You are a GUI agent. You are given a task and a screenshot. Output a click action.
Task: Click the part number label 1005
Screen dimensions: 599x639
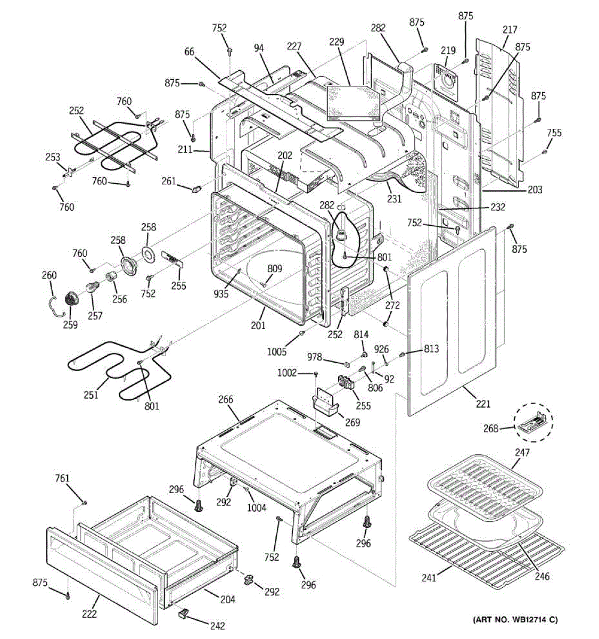click(276, 351)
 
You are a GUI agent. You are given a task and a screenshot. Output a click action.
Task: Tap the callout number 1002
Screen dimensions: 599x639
click(287, 373)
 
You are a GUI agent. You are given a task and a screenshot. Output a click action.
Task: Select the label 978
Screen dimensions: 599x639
click(314, 357)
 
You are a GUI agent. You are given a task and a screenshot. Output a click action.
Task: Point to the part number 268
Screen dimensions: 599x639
click(490, 428)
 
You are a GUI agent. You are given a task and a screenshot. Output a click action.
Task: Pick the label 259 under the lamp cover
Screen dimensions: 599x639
click(70, 325)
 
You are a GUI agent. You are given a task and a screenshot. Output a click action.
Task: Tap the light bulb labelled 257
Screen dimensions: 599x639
click(91, 286)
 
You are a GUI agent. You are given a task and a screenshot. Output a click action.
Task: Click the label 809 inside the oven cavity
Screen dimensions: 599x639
click(275, 269)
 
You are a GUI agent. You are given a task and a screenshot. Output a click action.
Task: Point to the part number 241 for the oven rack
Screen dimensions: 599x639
click(429, 578)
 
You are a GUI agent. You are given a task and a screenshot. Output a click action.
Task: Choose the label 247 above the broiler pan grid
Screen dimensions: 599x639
click(522, 453)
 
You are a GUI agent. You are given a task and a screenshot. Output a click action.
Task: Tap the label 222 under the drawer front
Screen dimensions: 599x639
click(89, 614)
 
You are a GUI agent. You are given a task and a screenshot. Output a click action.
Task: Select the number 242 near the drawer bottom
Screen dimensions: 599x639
click(217, 626)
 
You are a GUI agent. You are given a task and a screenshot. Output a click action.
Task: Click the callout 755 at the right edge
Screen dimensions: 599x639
click(554, 133)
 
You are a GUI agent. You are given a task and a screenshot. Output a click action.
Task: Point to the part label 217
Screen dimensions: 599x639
click(510, 30)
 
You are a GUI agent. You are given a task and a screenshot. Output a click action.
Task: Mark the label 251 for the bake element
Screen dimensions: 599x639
click(91, 395)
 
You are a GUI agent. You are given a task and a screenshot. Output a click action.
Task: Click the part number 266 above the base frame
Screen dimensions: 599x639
click(226, 399)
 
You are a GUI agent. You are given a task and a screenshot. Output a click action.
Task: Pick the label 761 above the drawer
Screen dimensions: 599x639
click(62, 478)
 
